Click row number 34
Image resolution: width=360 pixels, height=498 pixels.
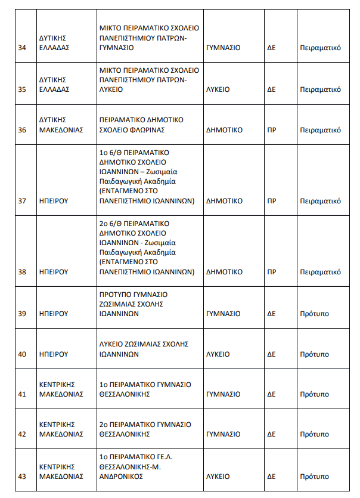click(x=22, y=48)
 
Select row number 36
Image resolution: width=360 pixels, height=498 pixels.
click(x=22, y=130)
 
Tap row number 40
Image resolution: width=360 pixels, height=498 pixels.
click(x=22, y=354)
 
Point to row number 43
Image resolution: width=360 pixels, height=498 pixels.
click(x=22, y=477)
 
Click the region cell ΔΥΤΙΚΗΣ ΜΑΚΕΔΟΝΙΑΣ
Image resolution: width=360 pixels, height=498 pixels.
click(x=61, y=125)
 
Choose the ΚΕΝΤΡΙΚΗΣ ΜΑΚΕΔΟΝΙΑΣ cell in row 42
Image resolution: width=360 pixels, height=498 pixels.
click(x=61, y=429)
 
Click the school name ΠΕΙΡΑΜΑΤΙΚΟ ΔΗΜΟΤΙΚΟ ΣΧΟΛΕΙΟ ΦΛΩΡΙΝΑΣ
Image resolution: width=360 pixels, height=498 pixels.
click(x=141, y=125)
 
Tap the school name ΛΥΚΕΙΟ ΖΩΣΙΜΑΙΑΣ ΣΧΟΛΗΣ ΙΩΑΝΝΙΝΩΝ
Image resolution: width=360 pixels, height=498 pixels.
click(x=143, y=349)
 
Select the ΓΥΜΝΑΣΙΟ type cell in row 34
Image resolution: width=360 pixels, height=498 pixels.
click(x=223, y=48)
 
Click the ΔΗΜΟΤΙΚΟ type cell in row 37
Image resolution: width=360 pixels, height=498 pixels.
click(x=224, y=201)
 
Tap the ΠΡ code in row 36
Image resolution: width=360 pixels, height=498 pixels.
click(x=271, y=130)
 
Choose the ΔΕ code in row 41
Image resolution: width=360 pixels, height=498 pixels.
click(x=271, y=394)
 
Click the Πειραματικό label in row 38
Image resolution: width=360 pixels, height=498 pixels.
click(x=320, y=272)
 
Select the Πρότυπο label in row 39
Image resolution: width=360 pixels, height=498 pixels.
click(x=314, y=314)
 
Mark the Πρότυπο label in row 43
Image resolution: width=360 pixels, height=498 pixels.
click(x=314, y=477)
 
